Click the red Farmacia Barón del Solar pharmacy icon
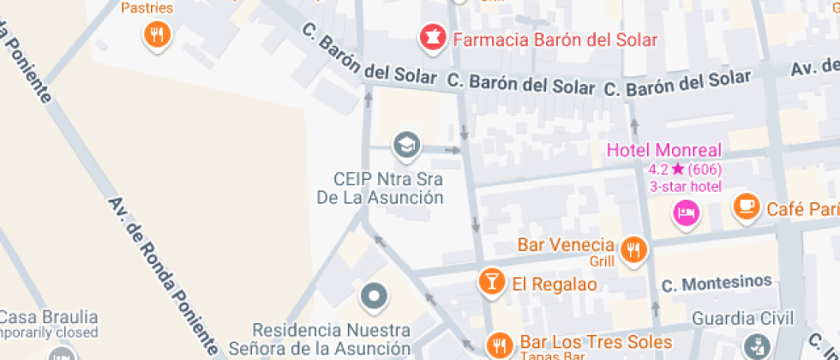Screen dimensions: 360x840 pyautogui.click(x=431, y=38)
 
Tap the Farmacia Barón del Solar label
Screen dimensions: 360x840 pyautogui.click(x=555, y=39)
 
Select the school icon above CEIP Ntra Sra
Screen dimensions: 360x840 pyautogui.click(x=406, y=145)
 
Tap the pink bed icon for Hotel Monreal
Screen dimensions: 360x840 pyautogui.click(x=686, y=212)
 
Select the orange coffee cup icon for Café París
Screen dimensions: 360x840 pyautogui.click(x=747, y=206)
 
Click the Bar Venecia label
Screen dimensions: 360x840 pyautogui.click(x=566, y=244)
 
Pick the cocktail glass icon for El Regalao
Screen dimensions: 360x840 pyautogui.click(x=492, y=281)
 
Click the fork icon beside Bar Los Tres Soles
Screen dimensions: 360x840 pyautogui.click(x=498, y=345)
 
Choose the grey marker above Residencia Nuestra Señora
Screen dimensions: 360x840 pyautogui.click(x=374, y=297)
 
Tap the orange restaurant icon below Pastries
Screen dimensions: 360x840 pyautogui.click(x=156, y=34)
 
